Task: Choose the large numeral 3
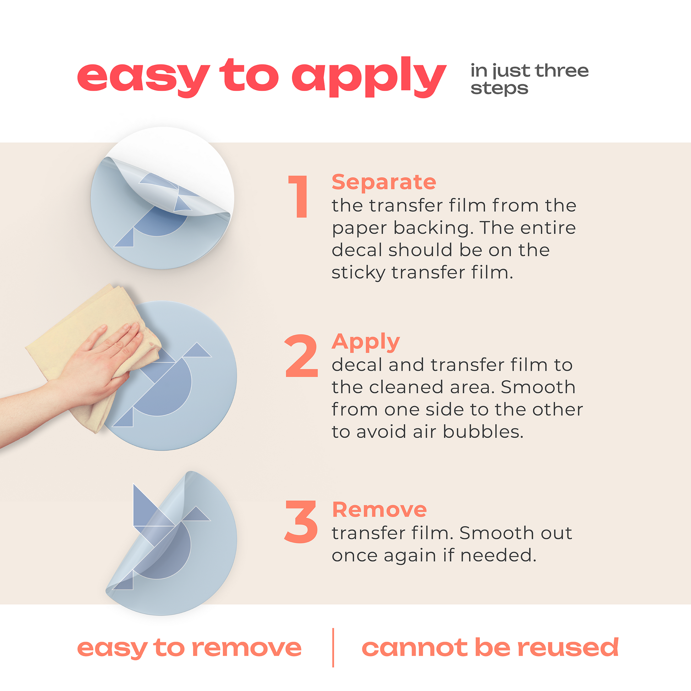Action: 301,522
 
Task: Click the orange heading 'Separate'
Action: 384,182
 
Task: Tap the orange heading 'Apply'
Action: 365,342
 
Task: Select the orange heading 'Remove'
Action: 379,509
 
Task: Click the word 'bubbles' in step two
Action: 483,432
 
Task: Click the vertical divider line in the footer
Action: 333,647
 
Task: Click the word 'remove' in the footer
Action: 247,648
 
